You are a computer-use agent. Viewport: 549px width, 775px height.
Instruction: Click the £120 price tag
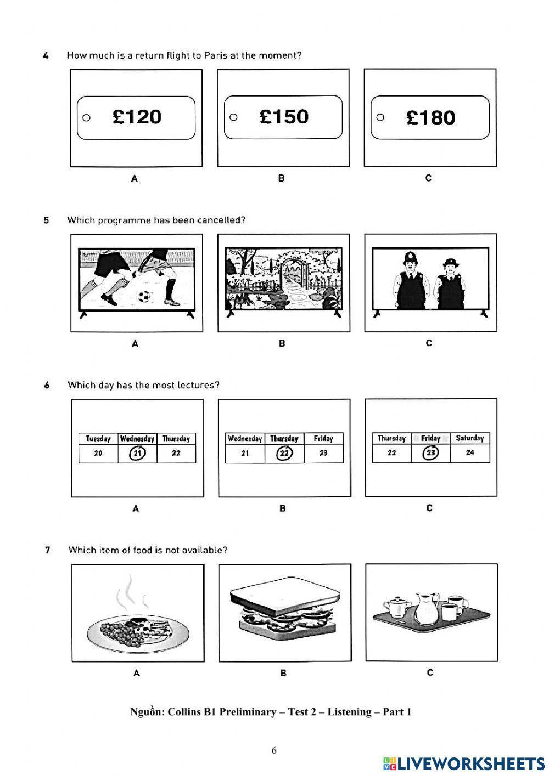136,117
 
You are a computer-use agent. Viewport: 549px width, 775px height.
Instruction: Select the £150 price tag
283,117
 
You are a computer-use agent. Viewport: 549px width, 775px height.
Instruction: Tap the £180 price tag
430,118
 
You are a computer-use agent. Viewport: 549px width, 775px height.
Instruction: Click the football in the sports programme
144,297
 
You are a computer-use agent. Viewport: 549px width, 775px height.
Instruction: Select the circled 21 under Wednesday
137,454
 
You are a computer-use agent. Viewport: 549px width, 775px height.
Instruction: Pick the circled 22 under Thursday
284,454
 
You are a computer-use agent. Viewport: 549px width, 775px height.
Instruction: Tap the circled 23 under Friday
430,453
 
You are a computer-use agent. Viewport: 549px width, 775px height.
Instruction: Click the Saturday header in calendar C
470,438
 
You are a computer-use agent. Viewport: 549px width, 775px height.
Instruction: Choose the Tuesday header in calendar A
98,439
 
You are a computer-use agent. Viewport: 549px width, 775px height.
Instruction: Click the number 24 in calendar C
470,453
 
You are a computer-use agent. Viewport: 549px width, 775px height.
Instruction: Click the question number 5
47,220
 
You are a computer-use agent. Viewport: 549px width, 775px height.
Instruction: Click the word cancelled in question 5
221,220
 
